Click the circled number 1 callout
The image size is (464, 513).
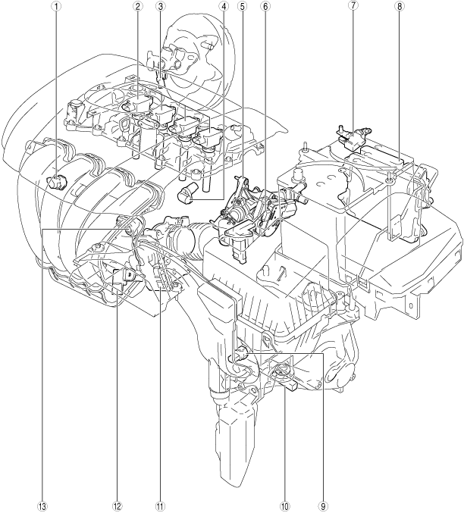58,6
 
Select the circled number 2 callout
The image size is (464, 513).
138,6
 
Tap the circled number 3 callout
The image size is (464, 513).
160,6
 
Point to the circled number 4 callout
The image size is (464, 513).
224,6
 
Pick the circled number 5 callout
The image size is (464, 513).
243,6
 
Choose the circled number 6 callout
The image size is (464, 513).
265,6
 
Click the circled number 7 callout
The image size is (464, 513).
353,6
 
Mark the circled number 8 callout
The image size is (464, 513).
400,6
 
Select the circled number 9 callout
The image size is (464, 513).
324,506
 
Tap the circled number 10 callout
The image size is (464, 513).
284,506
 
